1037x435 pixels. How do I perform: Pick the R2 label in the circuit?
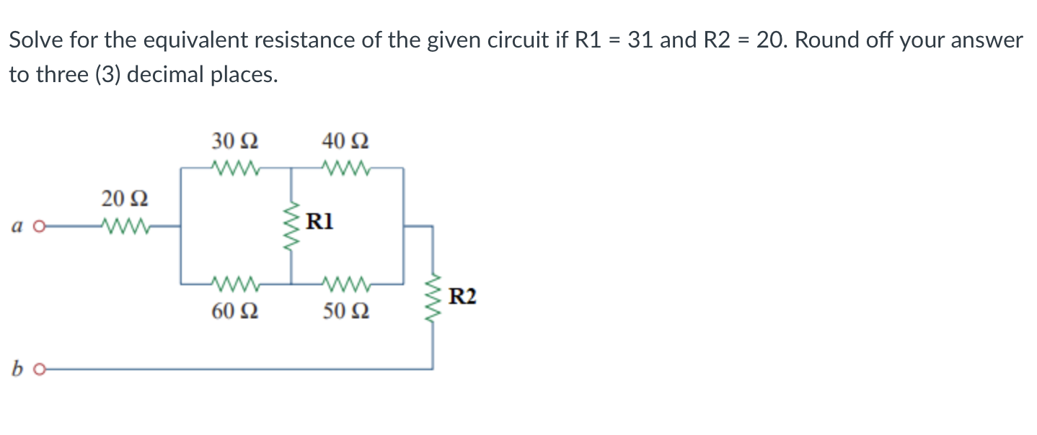point(462,296)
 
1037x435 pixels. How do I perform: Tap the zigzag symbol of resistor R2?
point(433,297)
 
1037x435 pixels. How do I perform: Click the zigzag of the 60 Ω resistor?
point(236,283)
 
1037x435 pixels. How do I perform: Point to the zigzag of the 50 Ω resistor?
point(347,283)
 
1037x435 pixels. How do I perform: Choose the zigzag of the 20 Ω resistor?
point(125,225)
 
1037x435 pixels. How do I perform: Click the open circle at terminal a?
point(40,226)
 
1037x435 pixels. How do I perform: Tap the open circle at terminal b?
point(40,370)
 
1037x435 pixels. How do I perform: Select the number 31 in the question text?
point(640,40)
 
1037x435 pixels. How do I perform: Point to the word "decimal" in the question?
point(170,74)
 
